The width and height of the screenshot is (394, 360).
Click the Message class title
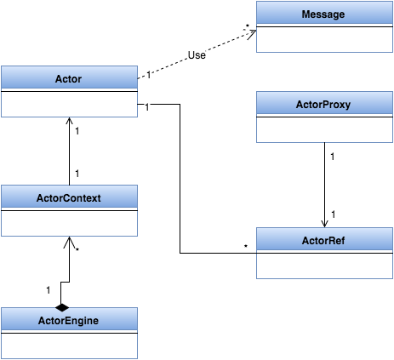tap(324, 15)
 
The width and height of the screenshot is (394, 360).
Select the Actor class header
tap(69, 77)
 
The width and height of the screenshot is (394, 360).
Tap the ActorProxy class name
tap(324, 106)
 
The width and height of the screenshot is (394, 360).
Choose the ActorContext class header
tap(69, 197)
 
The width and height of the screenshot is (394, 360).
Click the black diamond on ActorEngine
tap(62, 305)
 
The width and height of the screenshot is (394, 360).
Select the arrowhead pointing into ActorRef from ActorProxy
tap(324, 223)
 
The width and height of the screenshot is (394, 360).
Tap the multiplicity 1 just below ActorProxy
tap(332, 157)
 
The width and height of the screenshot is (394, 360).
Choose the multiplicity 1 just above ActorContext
tap(77, 174)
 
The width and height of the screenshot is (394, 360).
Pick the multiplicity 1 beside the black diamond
tap(48, 290)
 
